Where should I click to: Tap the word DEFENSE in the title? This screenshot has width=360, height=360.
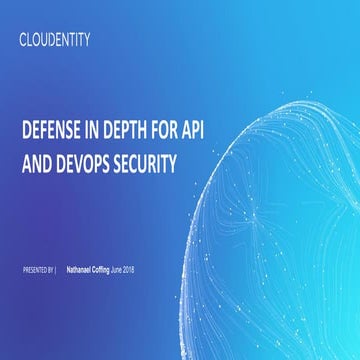pos(53,131)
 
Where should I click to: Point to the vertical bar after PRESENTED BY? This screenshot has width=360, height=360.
pos(56,271)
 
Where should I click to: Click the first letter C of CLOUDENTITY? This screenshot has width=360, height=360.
pos(23,41)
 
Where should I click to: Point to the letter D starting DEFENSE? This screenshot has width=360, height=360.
pos(25,131)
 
